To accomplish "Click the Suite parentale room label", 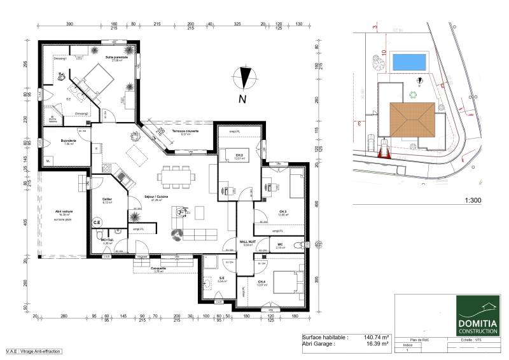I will pos(117,57).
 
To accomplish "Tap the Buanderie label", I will pos(69,142).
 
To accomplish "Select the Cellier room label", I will pos(107,199).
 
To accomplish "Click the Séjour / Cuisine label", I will pos(156,197).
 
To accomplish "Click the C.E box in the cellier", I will pos(97,223).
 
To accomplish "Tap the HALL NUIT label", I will pos(248,242).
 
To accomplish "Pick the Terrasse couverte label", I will pos(186,131).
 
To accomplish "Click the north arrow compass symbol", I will pos(245,78).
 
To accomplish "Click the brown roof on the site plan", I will pos(410,119).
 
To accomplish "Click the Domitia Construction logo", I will pos(477,315).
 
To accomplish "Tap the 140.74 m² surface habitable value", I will pos(375,338).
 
